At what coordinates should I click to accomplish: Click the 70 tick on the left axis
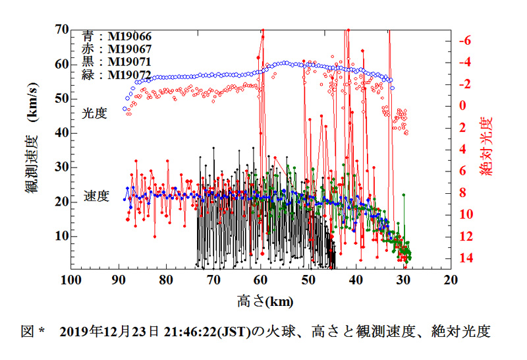(61, 30)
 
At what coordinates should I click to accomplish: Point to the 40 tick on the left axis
(61, 133)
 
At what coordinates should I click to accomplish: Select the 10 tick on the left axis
(61, 236)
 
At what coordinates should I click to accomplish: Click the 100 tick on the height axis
(70, 280)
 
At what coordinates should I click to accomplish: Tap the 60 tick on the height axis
(261, 280)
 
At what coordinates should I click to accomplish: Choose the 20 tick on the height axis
(451, 280)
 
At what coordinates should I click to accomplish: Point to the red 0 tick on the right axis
(462, 105)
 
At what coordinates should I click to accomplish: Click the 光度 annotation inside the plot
(94, 113)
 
